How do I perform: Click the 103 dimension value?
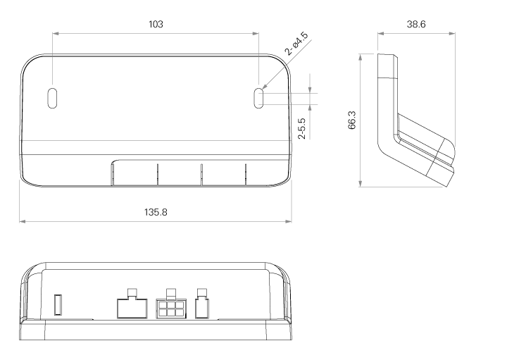point(156,24)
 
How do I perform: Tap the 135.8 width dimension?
point(156,212)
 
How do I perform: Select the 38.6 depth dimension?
point(416,24)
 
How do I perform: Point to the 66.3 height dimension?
point(352,120)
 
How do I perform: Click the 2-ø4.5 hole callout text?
point(296,44)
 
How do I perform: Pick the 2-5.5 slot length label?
point(301,128)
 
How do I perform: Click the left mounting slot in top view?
point(52,98)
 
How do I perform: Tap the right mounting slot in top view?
point(258,98)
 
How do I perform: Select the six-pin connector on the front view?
point(170,309)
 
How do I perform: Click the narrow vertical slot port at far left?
point(58,304)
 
